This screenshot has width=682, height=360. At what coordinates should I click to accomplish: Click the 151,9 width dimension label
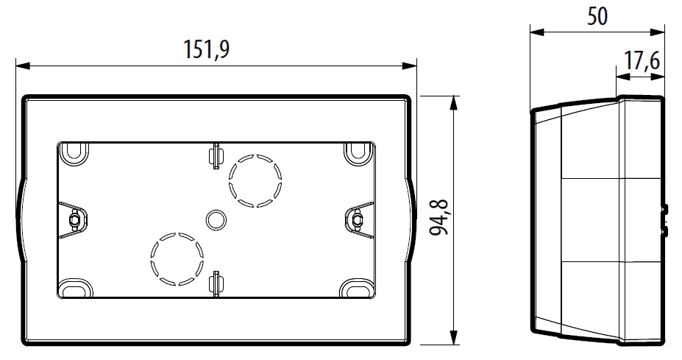click(206, 49)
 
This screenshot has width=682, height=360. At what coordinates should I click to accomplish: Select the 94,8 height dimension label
click(438, 217)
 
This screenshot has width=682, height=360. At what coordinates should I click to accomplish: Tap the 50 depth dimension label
click(597, 16)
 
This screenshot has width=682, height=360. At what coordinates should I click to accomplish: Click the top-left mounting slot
click(74, 152)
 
